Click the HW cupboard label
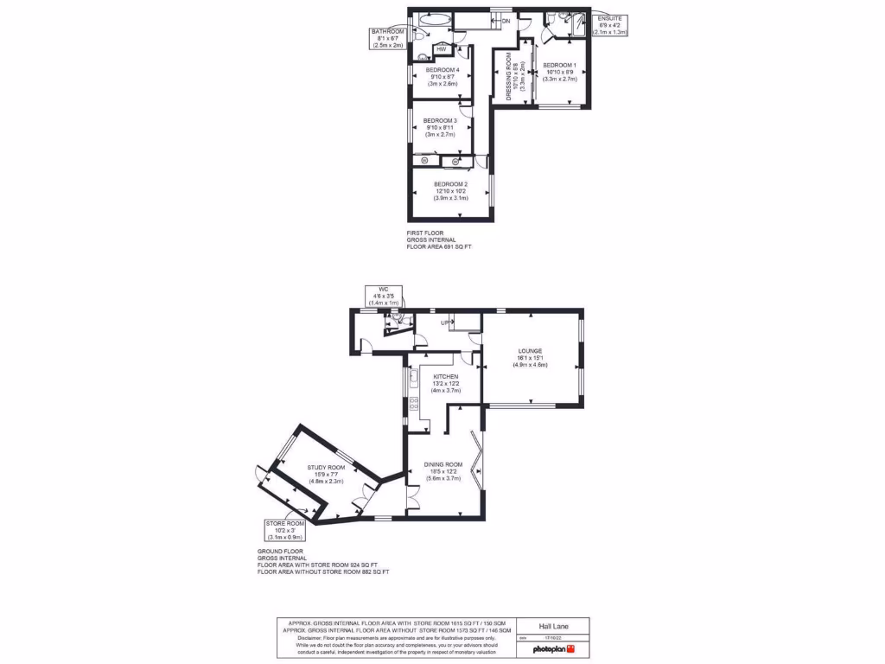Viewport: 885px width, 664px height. click(x=441, y=49)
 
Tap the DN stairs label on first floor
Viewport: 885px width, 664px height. click(x=506, y=20)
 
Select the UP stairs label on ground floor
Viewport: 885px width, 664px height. click(x=446, y=322)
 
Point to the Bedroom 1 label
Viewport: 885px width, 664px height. click(x=559, y=66)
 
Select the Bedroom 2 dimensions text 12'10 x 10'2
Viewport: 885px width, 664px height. click(x=450, y=191)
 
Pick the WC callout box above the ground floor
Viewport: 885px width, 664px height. click(x=384, y=296)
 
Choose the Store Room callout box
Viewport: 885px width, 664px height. click(x=284, y=530)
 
